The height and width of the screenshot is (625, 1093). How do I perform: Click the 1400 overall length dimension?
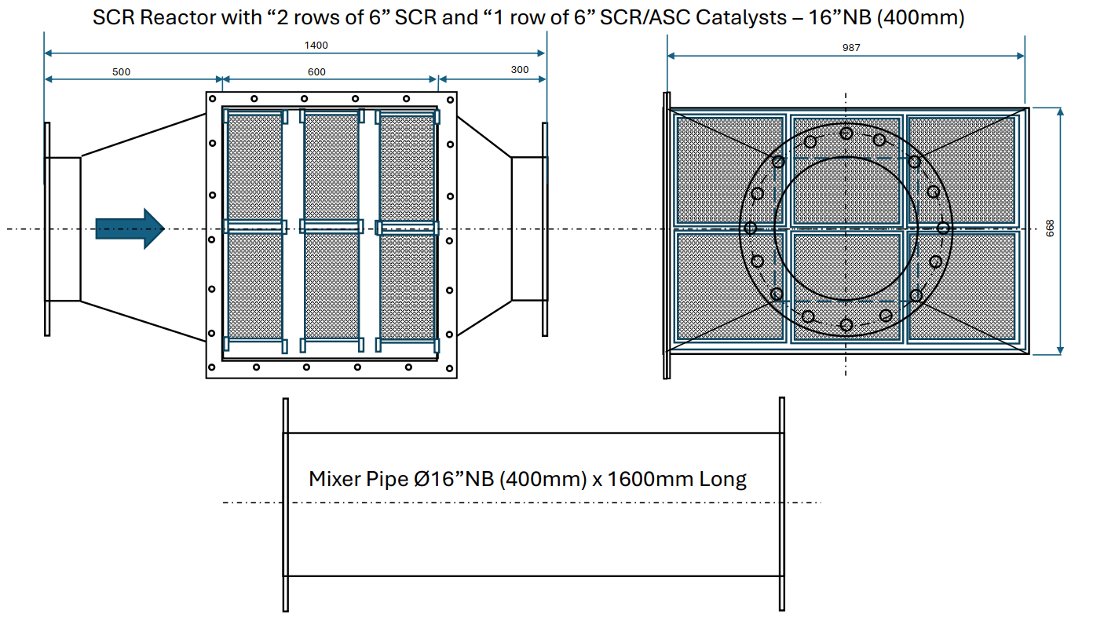click(316, 46)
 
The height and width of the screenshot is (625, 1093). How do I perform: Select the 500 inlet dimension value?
click(121, 72)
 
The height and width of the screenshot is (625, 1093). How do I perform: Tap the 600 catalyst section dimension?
click(316, 72)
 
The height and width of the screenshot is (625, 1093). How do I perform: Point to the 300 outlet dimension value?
click(520, 70)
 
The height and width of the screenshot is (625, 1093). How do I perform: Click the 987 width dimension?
click(851, 48)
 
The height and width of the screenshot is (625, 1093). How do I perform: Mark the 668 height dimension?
click(1050, 228)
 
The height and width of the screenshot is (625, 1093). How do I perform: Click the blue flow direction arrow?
click(130, 228)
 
